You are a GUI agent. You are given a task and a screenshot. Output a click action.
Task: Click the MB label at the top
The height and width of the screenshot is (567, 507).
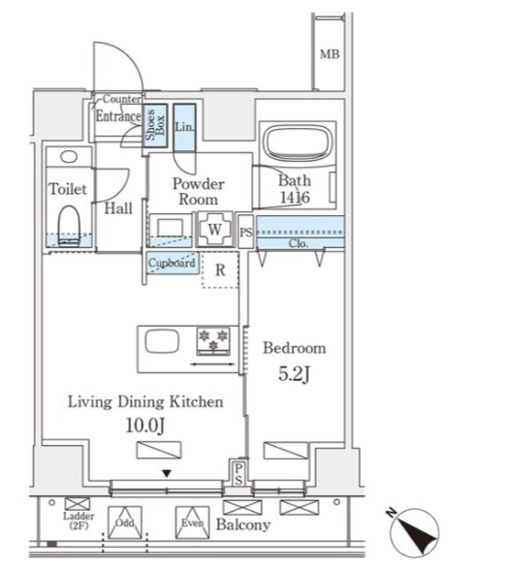(x=330, y=54)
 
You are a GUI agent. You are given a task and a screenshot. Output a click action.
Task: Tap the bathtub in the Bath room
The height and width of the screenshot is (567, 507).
(x=298, y=142)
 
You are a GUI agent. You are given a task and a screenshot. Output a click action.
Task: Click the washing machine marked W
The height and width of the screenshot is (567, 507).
(x=215, y=230)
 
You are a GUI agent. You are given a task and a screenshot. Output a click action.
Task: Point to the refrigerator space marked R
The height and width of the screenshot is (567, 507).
(x=220, y=269)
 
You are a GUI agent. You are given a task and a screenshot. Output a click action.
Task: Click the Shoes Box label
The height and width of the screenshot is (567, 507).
(x=155, y=125)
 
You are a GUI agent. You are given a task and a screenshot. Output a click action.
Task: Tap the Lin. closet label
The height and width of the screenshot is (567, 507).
(x=184, y=127)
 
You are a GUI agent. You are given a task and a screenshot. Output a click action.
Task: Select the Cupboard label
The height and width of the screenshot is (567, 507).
(x=172, y=263)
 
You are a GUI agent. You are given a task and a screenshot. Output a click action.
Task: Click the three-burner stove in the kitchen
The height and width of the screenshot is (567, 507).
(x=213, y=341)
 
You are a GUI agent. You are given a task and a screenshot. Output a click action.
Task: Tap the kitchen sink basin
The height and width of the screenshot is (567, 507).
(x=162, y=341)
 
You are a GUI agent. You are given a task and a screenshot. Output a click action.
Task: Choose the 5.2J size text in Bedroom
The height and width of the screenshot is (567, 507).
(x=294, y=374)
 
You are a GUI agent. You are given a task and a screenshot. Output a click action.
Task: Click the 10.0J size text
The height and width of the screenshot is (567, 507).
(x=145, y=425)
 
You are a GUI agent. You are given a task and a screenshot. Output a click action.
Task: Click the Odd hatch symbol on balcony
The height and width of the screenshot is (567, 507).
(x=125, y=522)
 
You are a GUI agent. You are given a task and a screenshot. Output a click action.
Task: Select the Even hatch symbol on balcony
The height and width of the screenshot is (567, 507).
(x=192, y=522)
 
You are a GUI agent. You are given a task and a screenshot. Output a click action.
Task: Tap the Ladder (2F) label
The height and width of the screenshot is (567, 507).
(x=79, y=520)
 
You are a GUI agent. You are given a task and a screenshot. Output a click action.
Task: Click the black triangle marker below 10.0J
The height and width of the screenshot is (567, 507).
(x=167, y=473)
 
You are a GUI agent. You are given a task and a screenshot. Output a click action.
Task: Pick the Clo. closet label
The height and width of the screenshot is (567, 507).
(x=299, y=243)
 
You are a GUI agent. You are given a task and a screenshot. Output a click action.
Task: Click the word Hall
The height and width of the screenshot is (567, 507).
(x=118, y=208)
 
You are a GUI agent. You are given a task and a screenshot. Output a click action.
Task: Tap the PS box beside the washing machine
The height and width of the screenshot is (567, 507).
(x=246, y=232)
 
